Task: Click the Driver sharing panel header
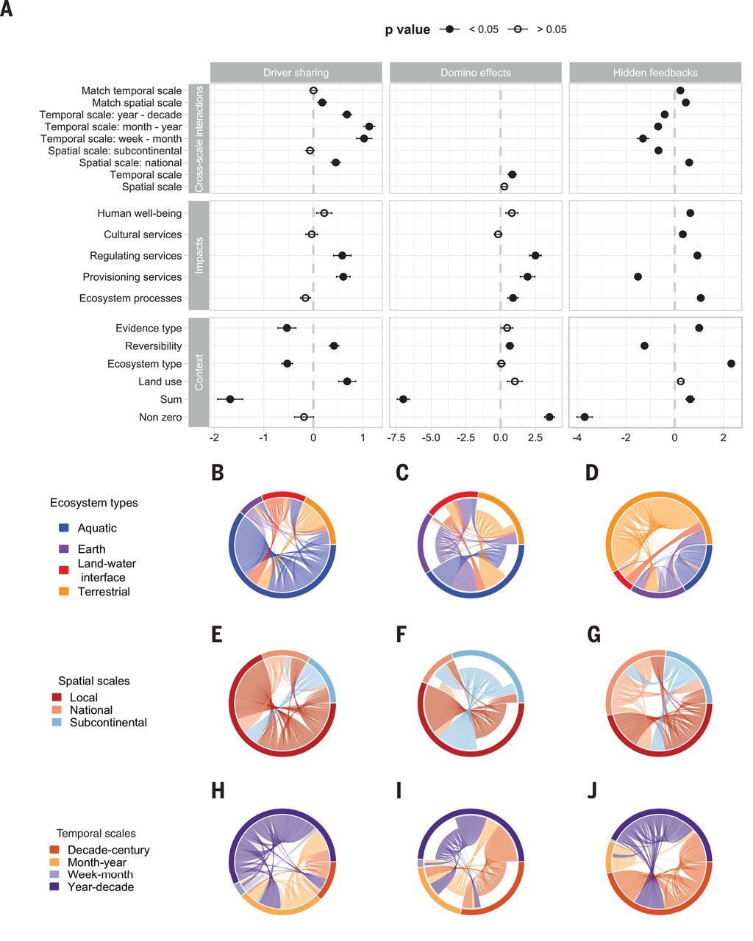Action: pos(296,73)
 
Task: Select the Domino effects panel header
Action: pos(475,73)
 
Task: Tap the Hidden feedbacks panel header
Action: pos(654,73)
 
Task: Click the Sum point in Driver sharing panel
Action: pos(230,399)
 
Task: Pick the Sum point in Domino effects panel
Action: pos(403,399)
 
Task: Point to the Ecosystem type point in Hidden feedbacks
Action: pos(731,363)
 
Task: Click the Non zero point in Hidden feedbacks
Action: pos(585,417)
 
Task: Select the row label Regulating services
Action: pos(135,256)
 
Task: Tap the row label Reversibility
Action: pos(153,346)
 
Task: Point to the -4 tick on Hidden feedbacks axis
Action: pos(577,438)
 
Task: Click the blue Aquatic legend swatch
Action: pos(64,528)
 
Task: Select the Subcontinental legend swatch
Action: pos(57,723)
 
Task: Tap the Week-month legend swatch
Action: pos(57,875)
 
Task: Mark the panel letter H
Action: pos(217,791)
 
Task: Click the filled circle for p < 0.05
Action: pos(449,29)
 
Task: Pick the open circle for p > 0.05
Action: pos(518,29)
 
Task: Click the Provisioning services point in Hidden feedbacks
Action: pos(638,276)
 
